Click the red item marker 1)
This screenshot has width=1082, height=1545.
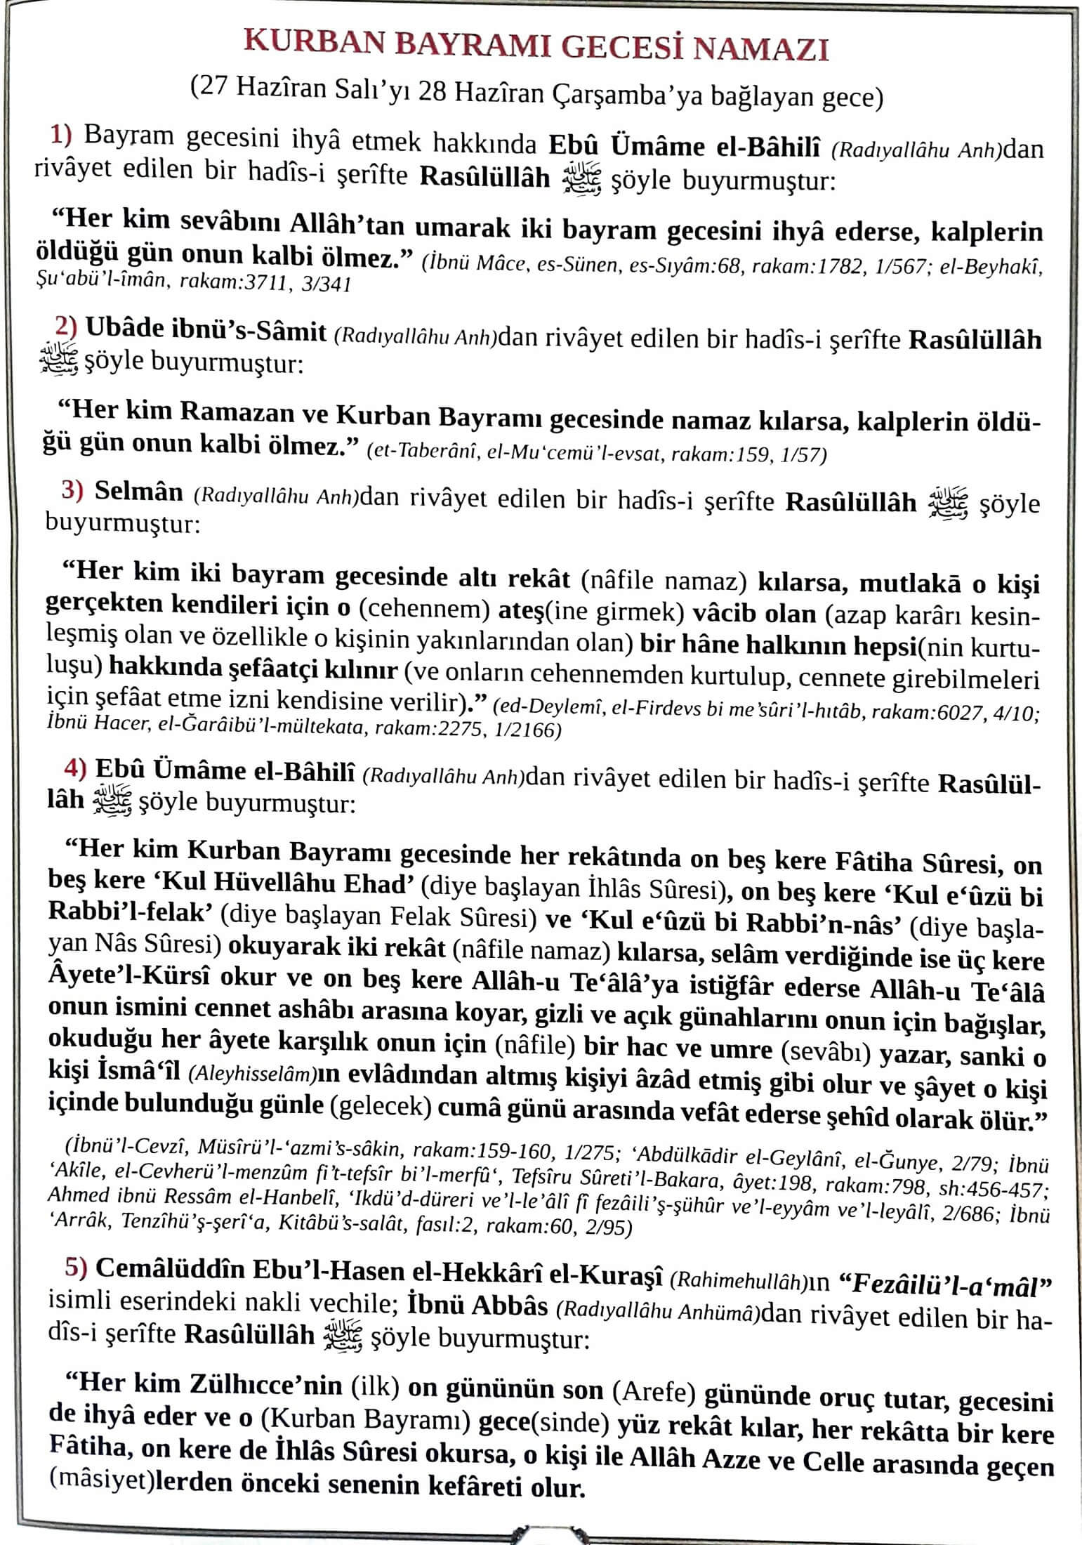pos(65,133)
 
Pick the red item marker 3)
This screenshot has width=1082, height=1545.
pos(72,491)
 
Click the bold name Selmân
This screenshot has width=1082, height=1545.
pos(138,492)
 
